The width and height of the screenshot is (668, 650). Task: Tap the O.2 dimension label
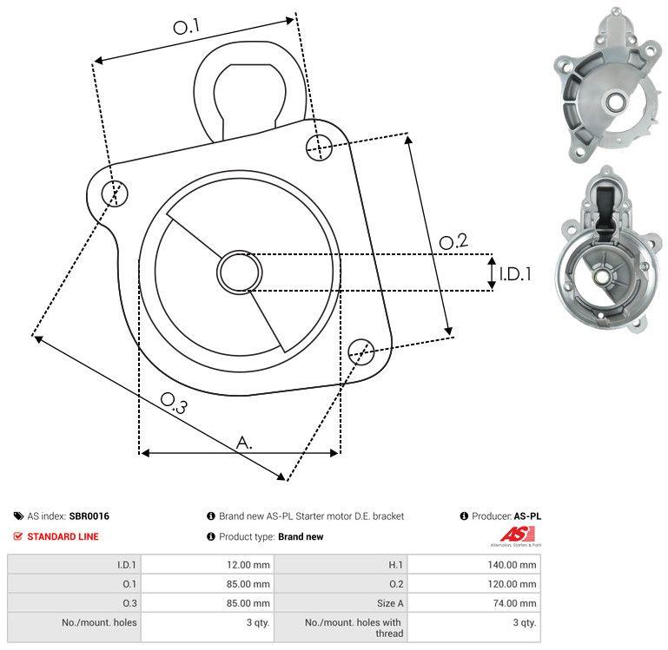[453, 242]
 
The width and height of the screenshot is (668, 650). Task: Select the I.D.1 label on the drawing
[514, 274]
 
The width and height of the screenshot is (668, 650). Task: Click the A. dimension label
[245, 442]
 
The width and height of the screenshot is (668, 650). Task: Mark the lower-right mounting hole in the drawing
[360, 351]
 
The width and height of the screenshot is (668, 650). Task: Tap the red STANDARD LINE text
[63, 536]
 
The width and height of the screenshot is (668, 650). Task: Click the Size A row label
[390, 603]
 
